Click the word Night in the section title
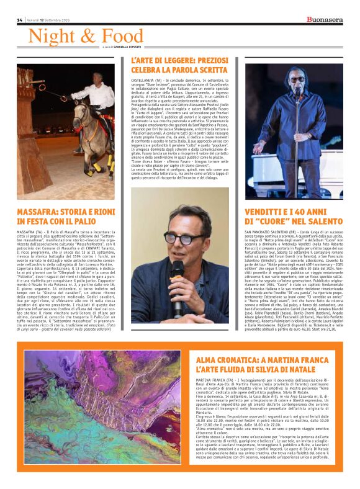(x=50, y=37)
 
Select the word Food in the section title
(x=120, y=37)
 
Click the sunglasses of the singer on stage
(x=297, y=79)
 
